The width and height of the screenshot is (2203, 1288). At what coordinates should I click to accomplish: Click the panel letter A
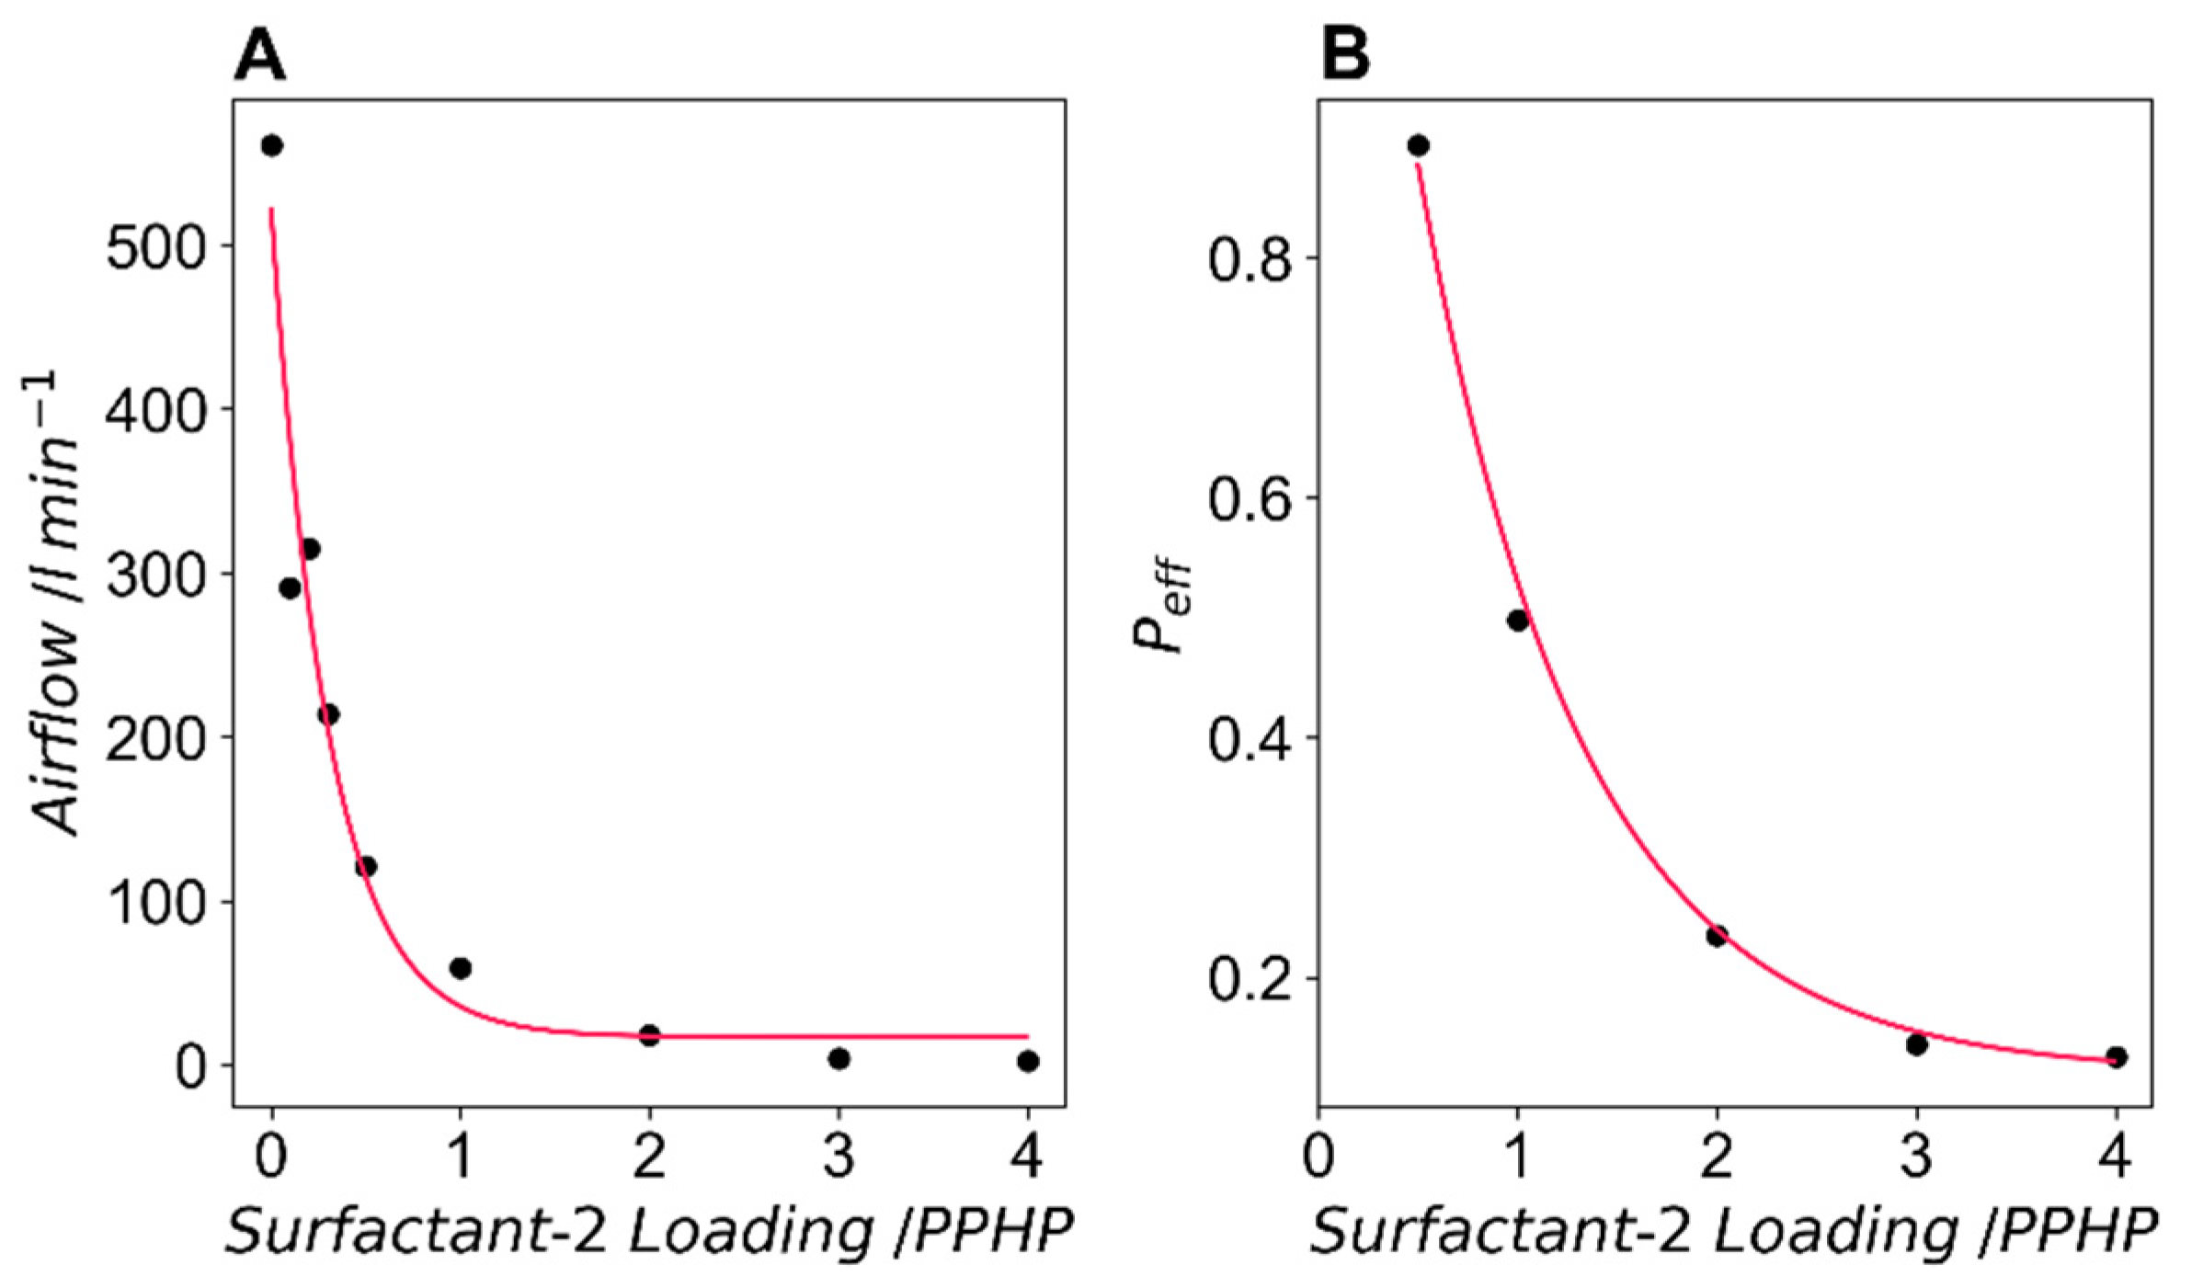point(259,54)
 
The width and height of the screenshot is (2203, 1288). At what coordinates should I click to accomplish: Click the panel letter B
point(1344,54)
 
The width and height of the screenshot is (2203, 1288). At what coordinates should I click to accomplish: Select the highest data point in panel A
point(271,145)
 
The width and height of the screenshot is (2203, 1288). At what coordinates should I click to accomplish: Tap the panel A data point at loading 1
point(461,968)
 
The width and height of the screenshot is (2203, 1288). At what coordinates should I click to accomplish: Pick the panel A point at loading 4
point(1028,1061)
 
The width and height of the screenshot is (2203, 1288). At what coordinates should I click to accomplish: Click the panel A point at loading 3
point(839,1059)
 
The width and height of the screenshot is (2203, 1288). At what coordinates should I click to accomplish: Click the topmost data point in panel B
point(1418,145)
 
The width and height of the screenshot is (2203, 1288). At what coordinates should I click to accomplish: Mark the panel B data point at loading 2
point(1716,936)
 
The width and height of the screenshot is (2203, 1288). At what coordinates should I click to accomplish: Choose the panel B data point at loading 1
point(1517,621)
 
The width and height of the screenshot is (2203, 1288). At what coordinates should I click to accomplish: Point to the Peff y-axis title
point(1160,607)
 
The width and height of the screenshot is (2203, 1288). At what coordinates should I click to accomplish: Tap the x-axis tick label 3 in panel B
point(1916,1157)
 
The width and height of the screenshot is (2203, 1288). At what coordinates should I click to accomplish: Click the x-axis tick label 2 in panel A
point(649,1157)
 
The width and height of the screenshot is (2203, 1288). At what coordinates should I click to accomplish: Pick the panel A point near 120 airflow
point(366,866)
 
